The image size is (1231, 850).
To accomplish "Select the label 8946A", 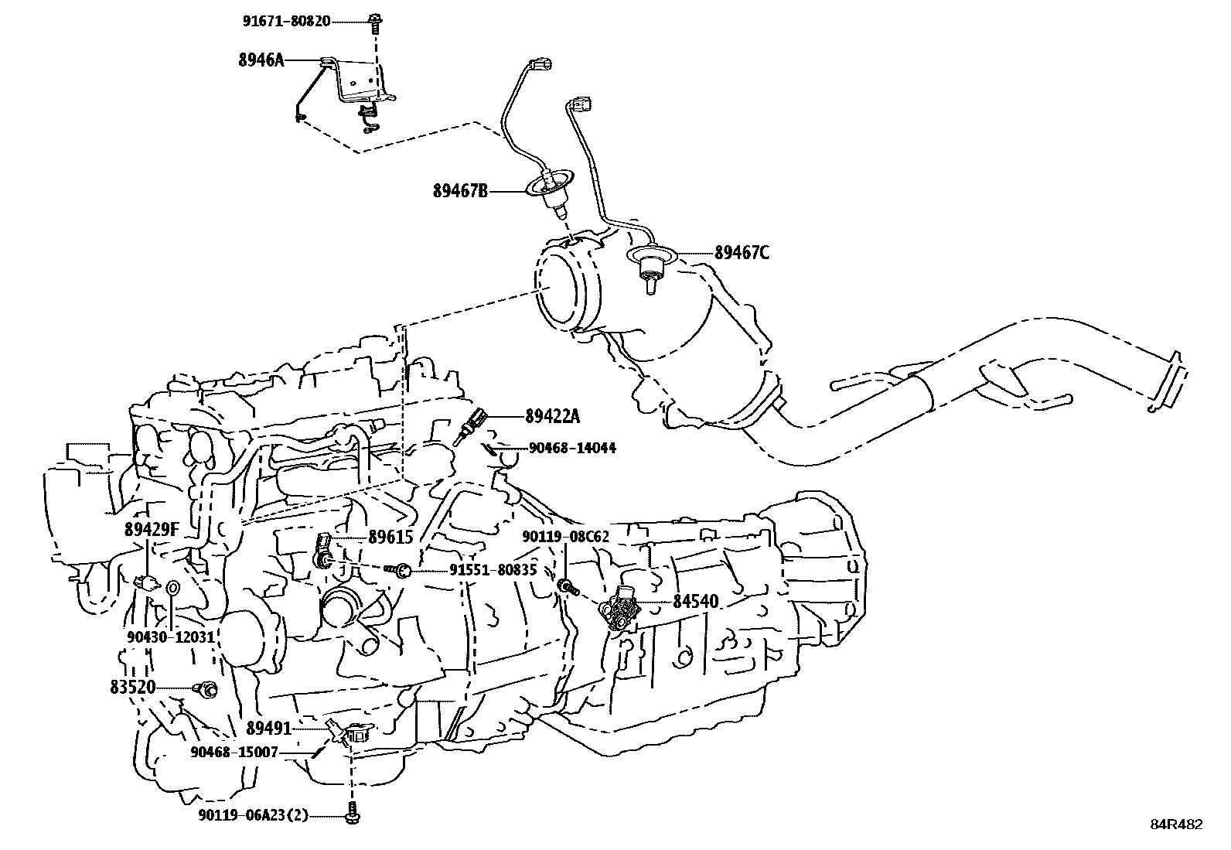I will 261,60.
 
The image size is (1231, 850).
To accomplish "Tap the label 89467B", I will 459,190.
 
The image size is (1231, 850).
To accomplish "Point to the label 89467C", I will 742,252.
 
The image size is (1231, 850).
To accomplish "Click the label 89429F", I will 152,530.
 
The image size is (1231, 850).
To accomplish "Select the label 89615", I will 391,537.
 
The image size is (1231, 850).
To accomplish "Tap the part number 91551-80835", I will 493,570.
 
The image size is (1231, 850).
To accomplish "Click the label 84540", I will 695,601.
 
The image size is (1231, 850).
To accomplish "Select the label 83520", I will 133,687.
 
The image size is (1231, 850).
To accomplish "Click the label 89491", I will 268,728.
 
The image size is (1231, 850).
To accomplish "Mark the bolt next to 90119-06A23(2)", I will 353,814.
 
